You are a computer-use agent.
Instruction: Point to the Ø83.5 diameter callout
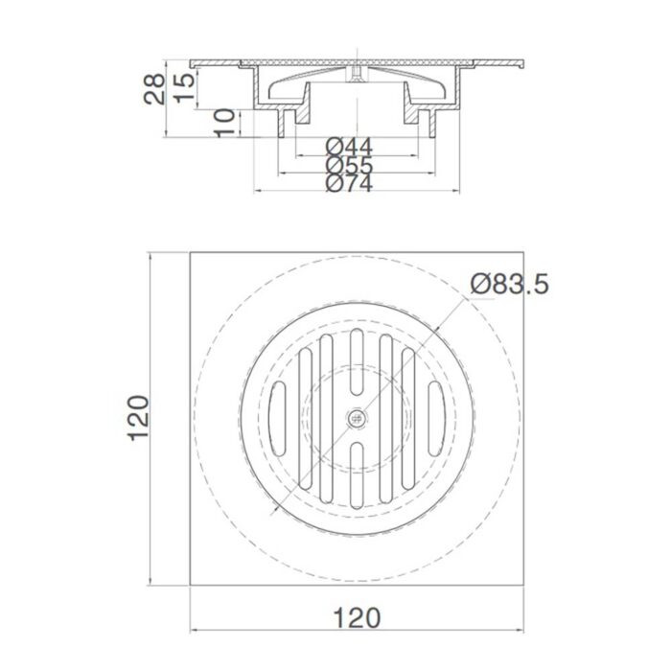click(509, 284)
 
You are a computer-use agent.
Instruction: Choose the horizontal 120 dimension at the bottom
click(358, 615)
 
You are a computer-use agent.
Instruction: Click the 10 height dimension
click(223, 123)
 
